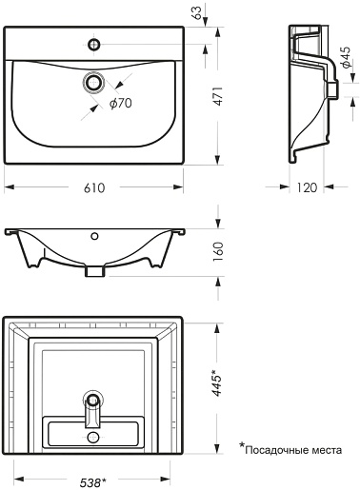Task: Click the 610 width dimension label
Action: pos(94,187)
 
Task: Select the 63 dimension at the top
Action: pos(197,12)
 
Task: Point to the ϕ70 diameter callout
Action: pos(121,103)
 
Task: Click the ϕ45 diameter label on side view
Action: pos(346,57)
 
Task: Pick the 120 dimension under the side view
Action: pos(307,187)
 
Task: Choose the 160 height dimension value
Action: pos(219,252)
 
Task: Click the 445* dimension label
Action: pos(218,382)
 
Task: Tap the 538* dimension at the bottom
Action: pos(92,483)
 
